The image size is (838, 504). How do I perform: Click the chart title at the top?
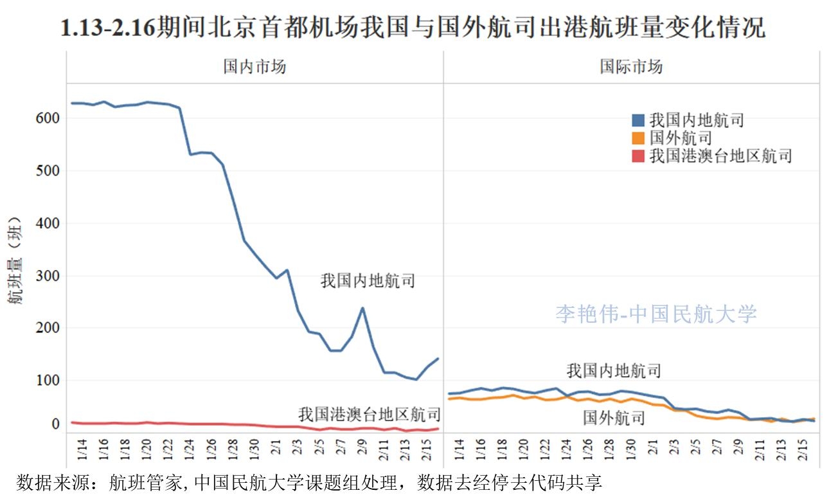(412, 28)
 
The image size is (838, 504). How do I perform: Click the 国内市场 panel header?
(254, 67)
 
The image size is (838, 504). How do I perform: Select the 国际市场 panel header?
(631, 67)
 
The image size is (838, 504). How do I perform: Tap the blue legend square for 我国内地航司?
(638, 120)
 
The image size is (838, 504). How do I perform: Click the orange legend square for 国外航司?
(638, 138)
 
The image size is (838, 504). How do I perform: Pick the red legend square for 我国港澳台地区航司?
(638, 156)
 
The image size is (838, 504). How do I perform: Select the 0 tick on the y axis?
(55, 424)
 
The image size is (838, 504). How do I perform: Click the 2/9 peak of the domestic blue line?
(362, 308)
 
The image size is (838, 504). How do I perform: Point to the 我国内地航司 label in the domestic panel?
(368, 281)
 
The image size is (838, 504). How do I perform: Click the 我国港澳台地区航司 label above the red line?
(370, 413)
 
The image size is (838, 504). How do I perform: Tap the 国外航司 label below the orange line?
(614, 419)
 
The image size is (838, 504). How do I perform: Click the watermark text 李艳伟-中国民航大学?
(656, 314)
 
